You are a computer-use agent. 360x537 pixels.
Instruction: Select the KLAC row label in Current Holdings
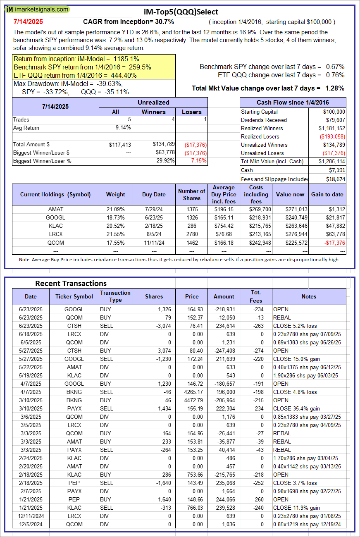point(55,226)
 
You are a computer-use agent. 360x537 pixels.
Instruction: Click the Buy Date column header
point(154,194)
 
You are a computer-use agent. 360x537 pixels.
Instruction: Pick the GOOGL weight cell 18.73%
point(115,217)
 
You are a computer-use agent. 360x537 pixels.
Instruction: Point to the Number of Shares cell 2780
point(191,234)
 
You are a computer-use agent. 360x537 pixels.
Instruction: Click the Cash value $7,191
point(337,170)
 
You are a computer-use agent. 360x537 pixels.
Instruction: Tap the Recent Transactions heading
point(71,283)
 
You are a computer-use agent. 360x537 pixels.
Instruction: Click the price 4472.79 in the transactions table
point(192,400)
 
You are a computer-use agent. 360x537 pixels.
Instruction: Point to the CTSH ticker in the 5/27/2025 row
point(74,351)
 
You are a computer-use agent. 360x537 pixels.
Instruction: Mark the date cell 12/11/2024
point(31,516)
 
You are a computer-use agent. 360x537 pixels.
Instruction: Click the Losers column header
point(192,112)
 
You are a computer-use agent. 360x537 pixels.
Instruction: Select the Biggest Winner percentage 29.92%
point(163,161)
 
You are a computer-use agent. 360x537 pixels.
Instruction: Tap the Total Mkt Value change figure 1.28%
point(335,88)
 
